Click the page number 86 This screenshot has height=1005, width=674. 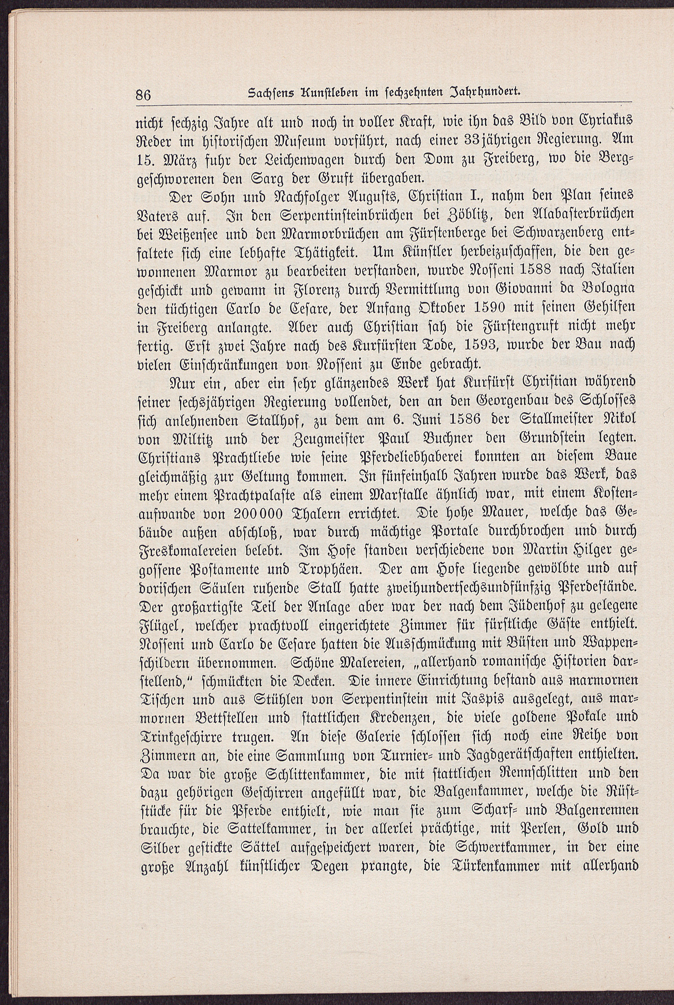coord(143,95)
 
